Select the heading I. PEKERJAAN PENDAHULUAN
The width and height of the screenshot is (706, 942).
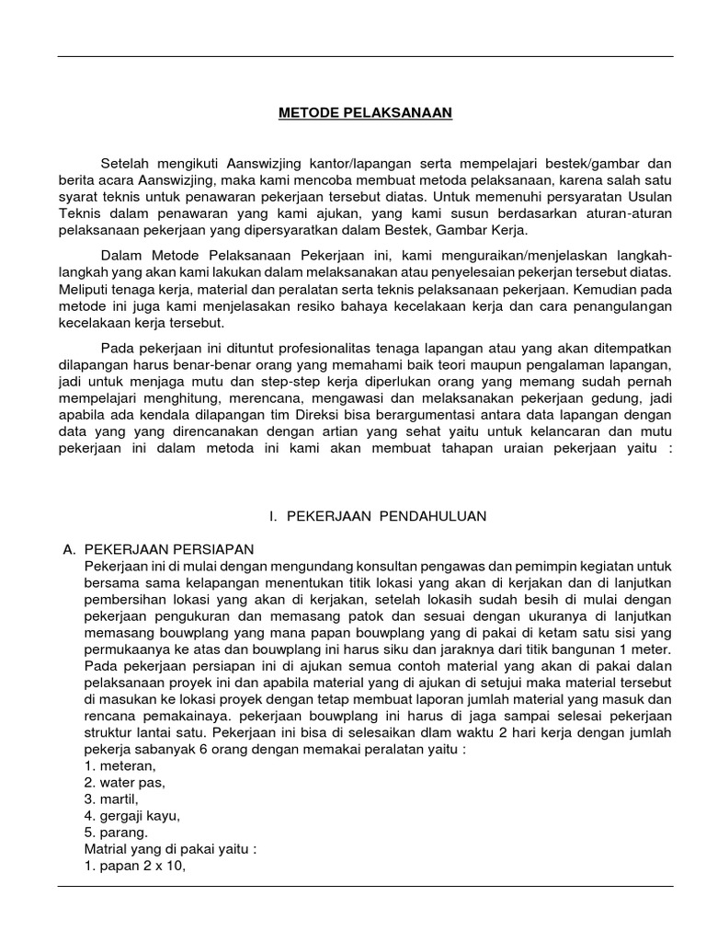coord(378,517)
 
